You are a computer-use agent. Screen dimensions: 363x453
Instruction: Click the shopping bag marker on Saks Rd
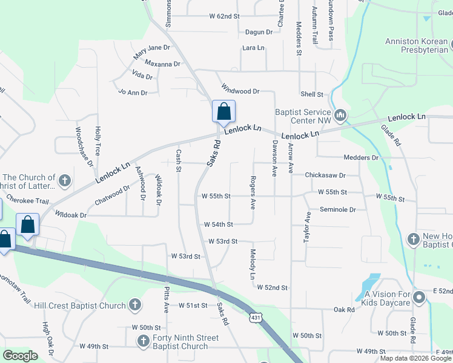[x=223, y=112]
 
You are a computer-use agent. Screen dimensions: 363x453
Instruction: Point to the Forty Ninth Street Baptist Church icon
[x=143, y=342]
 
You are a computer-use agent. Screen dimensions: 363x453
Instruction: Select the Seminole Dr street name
[x=337, y=210]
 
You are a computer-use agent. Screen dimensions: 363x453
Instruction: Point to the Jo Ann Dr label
[x=133, y=93]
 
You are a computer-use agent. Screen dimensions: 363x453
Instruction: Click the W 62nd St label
[x=224, y=16]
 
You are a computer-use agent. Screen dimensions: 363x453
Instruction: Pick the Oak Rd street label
[x=343, y=310]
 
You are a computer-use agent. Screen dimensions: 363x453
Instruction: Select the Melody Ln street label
[x=253, y=264]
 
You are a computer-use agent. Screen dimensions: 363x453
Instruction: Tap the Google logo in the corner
[x=20, y=356]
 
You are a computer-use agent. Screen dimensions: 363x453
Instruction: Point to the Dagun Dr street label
[x=259, y=32]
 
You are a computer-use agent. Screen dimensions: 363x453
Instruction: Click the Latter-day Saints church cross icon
[x=65, y=180]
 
